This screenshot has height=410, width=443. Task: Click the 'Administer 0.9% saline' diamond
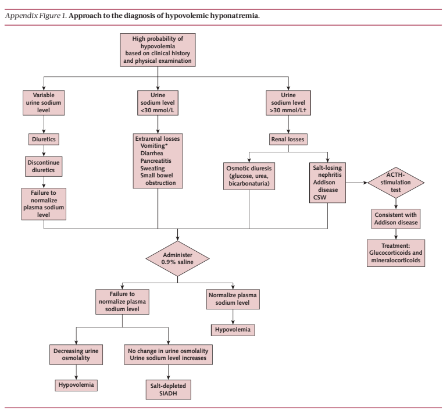pyautogui.click(x=177, y=258)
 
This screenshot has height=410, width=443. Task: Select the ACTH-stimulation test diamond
pyautogui.click(x=395, y=183)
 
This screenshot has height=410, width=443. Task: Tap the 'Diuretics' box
pyautogui.click(x=44, y=140)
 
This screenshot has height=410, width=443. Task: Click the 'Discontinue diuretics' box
pyautogui.click(x=44, y=166)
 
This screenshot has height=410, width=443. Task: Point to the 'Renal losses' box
pyautogui.click(x=288, y=140)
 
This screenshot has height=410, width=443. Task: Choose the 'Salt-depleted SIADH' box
pyautogui.click(x=168, y=390)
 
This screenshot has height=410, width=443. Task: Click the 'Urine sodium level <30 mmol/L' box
pyautogui.click(x=158, y=103)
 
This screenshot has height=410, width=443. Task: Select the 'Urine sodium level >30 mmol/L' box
pyautogui.click(x=288, y=103)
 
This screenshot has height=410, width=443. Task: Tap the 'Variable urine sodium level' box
pyautogui.click(x=44, y=103)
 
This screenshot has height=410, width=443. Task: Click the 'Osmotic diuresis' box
pyautogui.click(x=249, y=176)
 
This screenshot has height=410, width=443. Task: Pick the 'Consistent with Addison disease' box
pyautogui.click(x=396, y=219)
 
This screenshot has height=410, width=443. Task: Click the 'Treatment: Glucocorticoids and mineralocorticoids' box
pyautogui.click(x=396, y=253)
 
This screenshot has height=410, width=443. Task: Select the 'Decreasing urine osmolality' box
pyautogui.click(x=76, y=354)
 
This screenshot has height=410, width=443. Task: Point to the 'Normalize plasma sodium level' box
pyautogui.click(x=233, y=299)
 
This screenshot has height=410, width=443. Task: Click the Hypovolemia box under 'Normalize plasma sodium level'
pyautogui.click(x=233, y=330)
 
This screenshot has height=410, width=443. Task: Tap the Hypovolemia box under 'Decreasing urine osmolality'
pyautogui.click(x=76, y=385)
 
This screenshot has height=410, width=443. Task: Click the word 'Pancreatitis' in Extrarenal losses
pyautogui.click(x=156, y=161)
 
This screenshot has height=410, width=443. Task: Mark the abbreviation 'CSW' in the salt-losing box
pyautogui.click(x=320, y=198)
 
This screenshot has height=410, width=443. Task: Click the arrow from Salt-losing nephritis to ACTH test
pyautogui.click(x=356, y=183)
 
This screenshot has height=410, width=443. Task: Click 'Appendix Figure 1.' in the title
pyautogui.click(x=36, y=16)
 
